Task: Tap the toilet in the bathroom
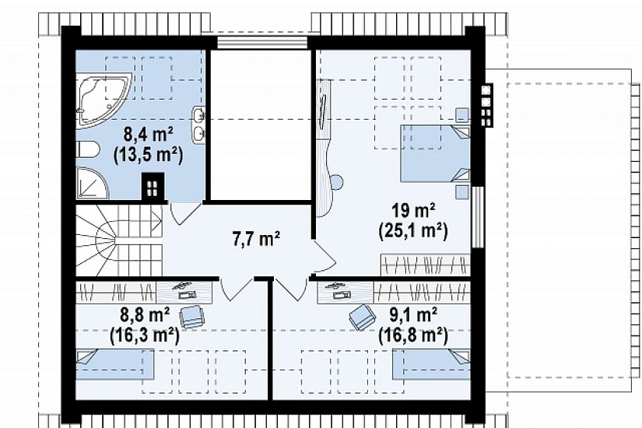click(x=88, y=150)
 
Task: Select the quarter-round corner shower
click(x=91, y=183)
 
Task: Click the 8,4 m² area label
click(x=148, y=135)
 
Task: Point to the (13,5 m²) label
click(x=148, y=155)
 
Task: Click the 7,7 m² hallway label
click(x=256, y=238)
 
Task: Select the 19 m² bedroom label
click(x=413, y=211)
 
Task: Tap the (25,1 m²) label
click(x=413, y=231)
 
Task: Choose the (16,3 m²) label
click(x=145, y=335)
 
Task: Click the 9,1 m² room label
click(x=412, y=315)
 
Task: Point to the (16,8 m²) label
click(x=412, y=335)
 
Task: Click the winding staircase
click(x=119, y=240)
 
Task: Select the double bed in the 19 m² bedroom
click(x=435, y=153)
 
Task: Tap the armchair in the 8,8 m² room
click(x=192, y=316)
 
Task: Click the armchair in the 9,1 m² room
click(x=363, y=317)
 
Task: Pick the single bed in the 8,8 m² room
click(x=115, y=364)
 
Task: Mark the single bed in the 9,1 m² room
click(x=431, y=364)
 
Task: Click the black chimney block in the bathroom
click(x=153, y=188)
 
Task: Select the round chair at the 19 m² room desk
click(x=336, y=182)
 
